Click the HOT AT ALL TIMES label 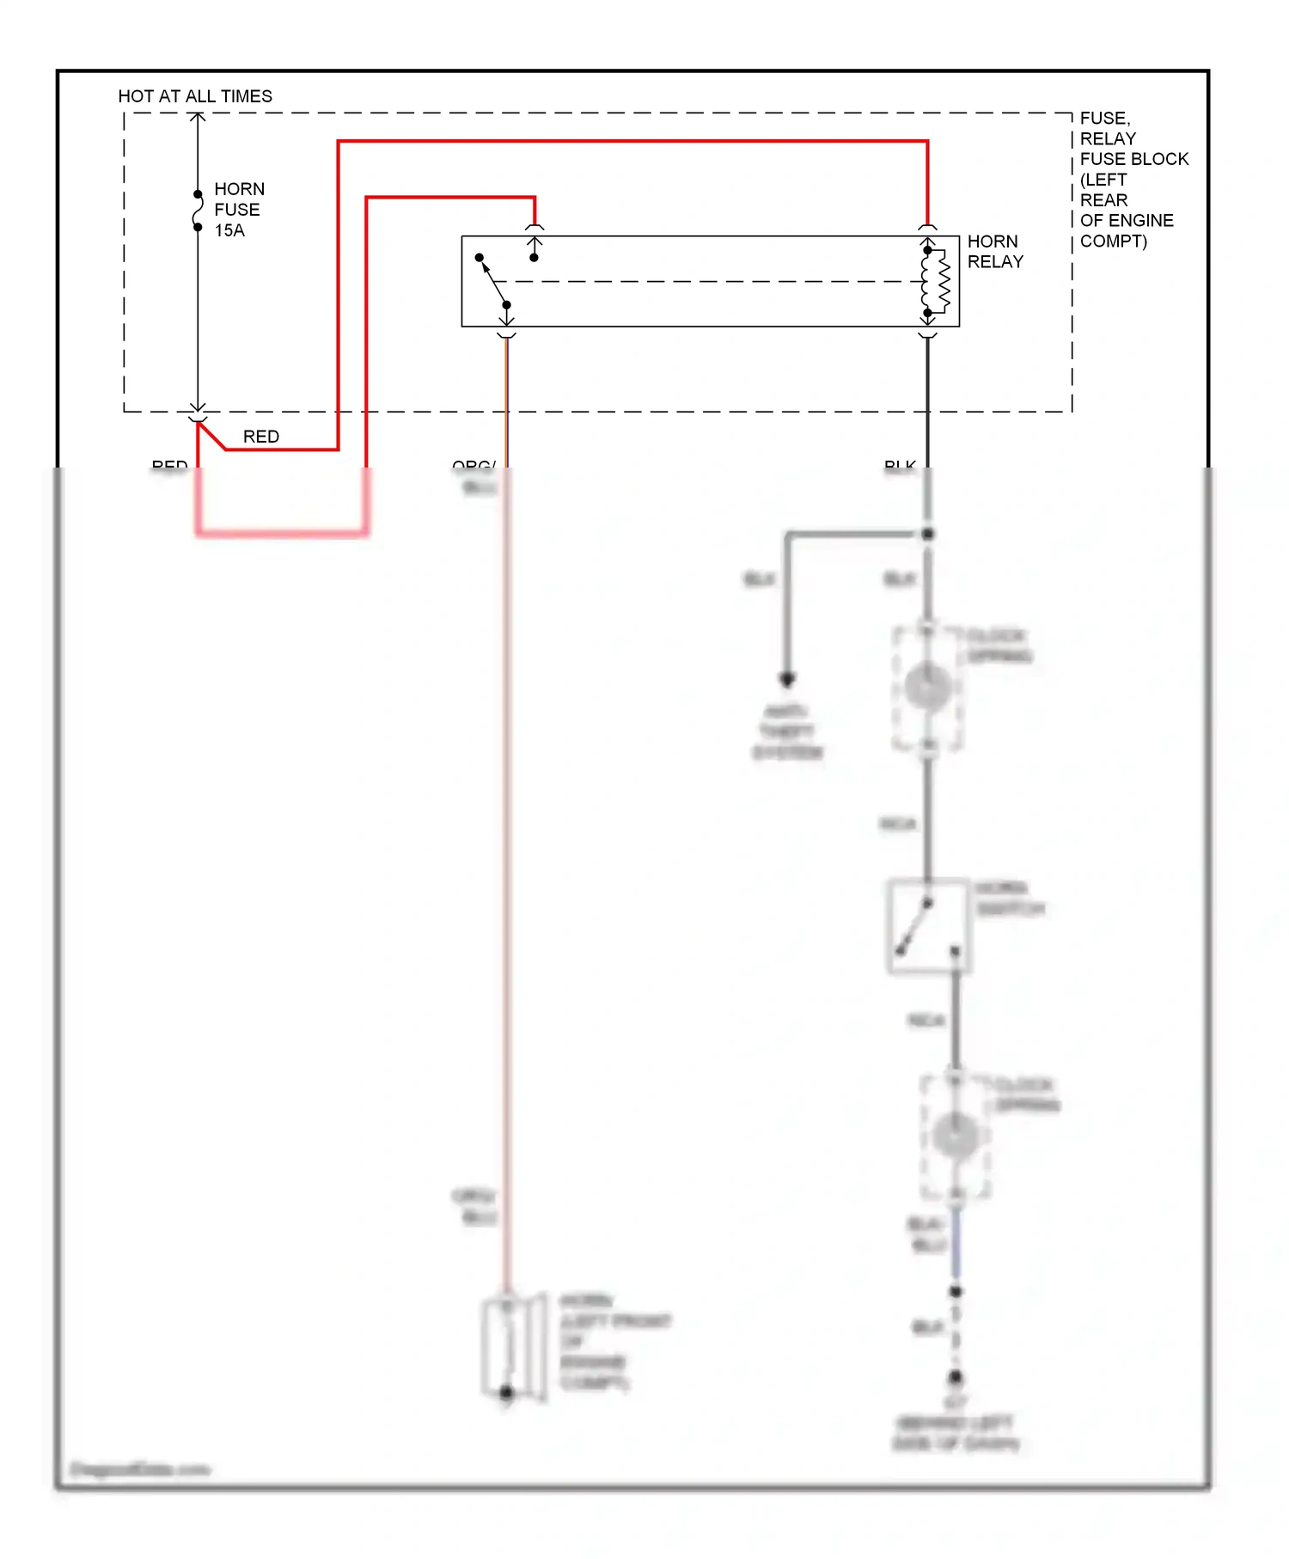195,96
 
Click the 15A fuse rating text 229,230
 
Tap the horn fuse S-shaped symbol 198,211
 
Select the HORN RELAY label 995,251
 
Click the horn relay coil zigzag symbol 943,281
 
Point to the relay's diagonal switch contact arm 493,282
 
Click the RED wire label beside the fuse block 261,437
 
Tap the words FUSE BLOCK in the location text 1133,159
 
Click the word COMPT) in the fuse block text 1113,241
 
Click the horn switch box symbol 928,926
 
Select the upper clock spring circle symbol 927,688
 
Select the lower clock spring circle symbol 955,1136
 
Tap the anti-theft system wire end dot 786,679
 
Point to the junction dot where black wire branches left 927,535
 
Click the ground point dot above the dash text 956,1378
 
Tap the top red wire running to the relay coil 632,141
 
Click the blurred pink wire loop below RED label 282,534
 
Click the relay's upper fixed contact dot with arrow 535,257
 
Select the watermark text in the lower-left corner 140,1469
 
